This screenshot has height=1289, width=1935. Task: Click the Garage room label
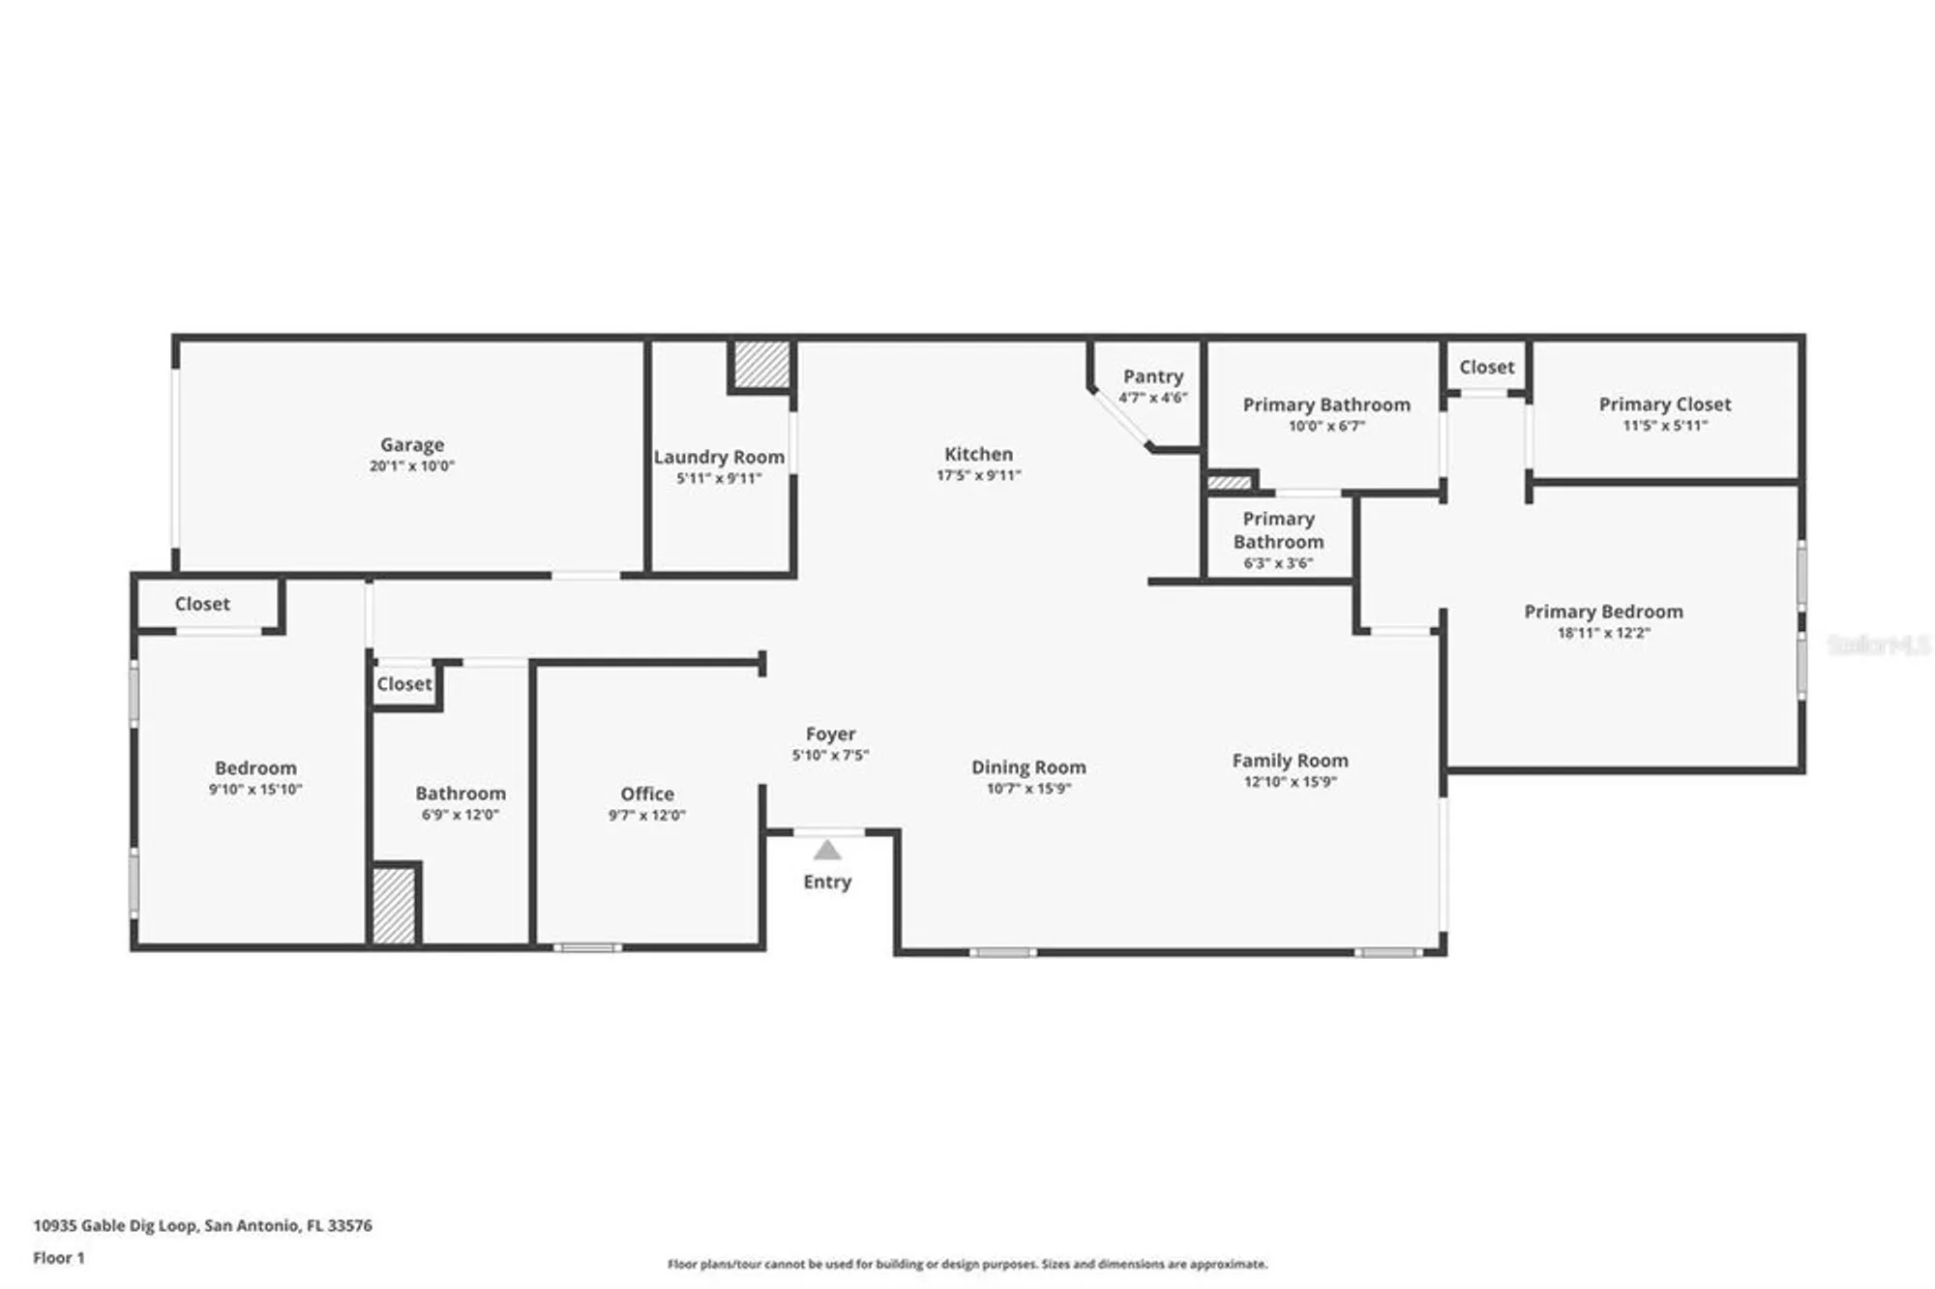pos(411,444)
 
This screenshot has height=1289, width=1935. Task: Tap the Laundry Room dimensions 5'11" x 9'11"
pos(719,478)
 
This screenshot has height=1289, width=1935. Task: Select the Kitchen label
pos(978,454)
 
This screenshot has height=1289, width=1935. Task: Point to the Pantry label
pos(1152,376)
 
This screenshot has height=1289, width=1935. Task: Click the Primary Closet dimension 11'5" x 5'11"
pos(1664,426)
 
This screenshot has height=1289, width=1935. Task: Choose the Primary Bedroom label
pos(1603,612)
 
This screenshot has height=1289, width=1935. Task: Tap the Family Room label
pos(1290,761)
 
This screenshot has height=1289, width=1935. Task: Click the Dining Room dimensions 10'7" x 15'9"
pos(1028,789)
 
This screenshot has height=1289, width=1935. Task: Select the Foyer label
pos(830,734)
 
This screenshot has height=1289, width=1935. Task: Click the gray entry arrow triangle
pos(827,852)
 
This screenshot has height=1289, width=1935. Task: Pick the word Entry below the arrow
pos(827,882)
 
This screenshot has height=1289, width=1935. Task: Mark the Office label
pos(647,794)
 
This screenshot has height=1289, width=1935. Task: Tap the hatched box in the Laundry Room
pos(761,365)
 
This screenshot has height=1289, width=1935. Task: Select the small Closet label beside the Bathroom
pos(403,684)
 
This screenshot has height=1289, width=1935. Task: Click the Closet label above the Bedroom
pos(202,604)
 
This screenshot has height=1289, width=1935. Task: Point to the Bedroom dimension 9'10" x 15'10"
pos(255,790)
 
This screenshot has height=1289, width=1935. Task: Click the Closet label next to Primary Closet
pos(1486,367)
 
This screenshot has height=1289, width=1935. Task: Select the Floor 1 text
pos(59,1258)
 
